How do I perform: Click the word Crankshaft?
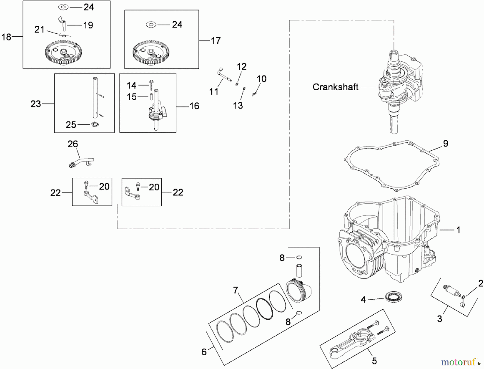coord(335,87)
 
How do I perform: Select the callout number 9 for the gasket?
coord(446,144)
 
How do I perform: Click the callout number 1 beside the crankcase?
coord(458,230)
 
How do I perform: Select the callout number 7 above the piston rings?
coord(236,290)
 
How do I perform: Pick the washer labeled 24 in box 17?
coord(151,25)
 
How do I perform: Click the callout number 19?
coord(88,25)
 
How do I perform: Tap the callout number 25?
coord(71,125)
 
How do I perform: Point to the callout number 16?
coord(194,106)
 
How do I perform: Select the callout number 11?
coord(214,92)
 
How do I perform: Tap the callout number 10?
coord(261,79)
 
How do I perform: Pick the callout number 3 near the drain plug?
coord(439,319)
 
